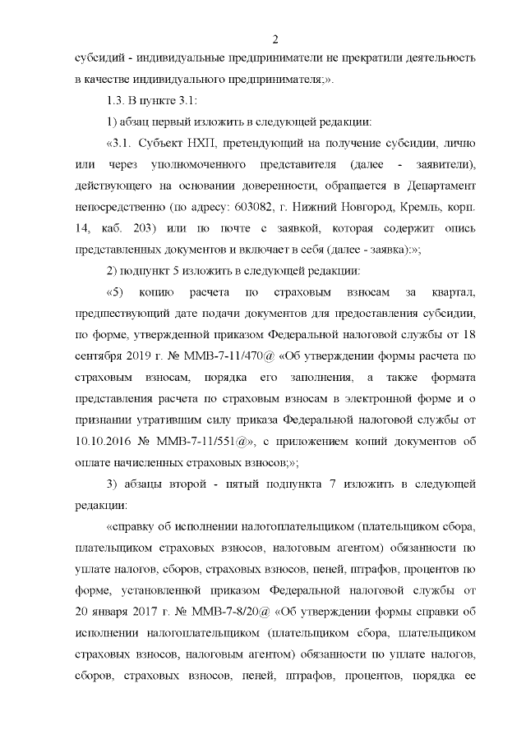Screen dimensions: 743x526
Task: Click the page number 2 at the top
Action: tap(275, 39)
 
